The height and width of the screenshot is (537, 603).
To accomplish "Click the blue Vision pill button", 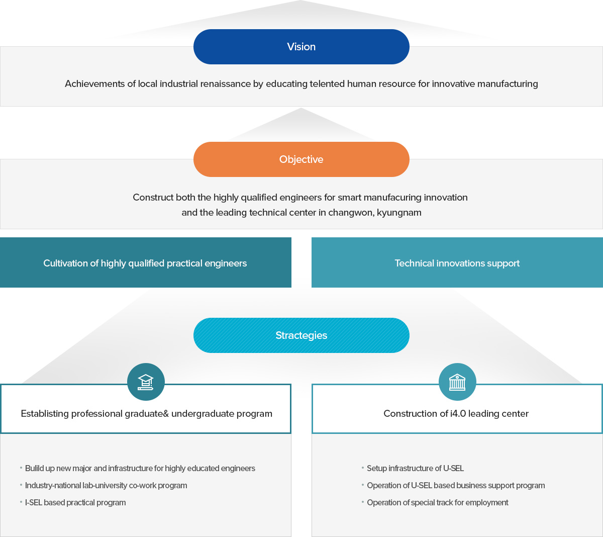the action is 301,47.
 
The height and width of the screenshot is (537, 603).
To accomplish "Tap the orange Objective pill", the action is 301,159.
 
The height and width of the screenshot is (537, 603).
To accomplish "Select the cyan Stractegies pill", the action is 301,335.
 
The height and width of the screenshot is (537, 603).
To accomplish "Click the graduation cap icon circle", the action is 146,382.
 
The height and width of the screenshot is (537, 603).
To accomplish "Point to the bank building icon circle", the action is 457,382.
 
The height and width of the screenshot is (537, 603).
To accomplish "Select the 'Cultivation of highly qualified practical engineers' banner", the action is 146,262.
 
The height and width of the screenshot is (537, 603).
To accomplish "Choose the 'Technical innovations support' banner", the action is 457,262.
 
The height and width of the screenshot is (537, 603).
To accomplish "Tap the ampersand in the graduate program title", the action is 166,414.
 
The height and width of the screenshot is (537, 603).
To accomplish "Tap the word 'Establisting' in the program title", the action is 45,414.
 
